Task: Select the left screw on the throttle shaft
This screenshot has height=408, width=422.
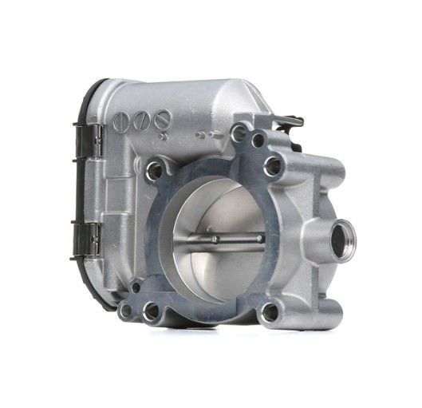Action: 215,237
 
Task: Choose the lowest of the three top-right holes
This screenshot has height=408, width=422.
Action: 273,166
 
